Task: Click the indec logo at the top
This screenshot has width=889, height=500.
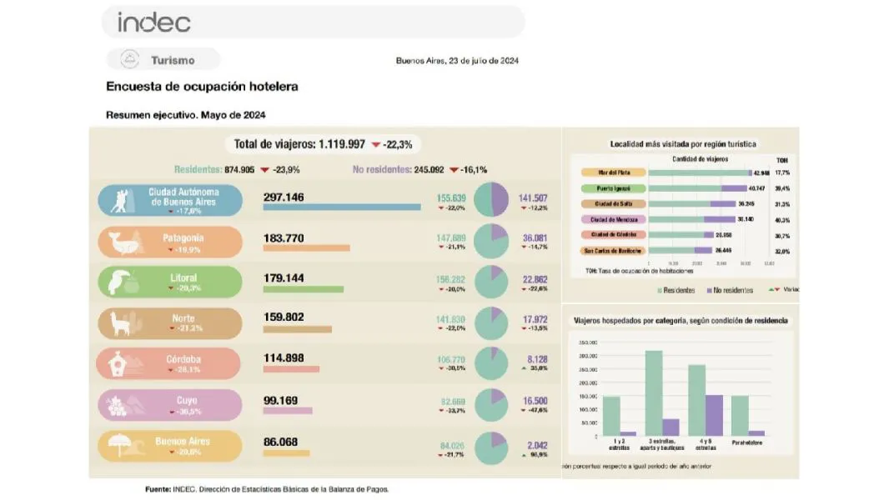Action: (x=154, y=22)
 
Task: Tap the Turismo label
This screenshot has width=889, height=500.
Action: (x=173, y=60)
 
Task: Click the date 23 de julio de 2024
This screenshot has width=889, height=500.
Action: (x=484, y=61)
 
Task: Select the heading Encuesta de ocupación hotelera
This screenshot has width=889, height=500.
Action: (x=202, y=86)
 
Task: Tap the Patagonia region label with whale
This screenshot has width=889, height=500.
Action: (x=170, y=242)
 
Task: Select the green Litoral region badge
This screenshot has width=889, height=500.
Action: (x=170, y=282)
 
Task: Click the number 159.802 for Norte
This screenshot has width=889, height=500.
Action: (x=284, y=317)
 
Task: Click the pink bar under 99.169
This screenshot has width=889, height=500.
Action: (x=288, y=411)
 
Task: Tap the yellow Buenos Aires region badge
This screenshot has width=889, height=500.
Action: (x=170, y=445)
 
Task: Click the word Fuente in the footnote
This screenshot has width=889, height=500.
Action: (x=159, y=489)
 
